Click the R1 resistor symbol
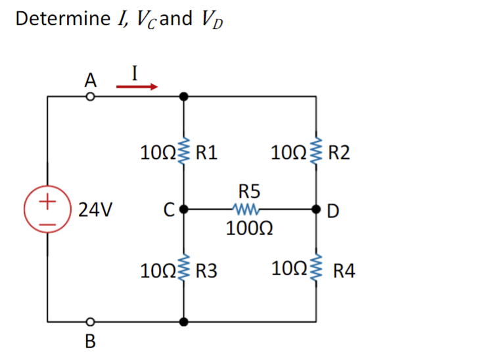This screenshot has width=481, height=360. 185,153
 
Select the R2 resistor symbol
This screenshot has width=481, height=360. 317,153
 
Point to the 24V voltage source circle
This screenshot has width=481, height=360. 47,211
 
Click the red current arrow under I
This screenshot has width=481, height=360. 137,86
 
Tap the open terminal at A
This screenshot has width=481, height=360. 90,97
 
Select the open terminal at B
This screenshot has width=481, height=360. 90,323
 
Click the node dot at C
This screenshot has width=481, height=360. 185,211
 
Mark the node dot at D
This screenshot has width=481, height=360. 317,211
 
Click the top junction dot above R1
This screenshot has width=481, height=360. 185,97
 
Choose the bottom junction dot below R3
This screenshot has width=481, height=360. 185,323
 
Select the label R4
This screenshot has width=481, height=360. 344,269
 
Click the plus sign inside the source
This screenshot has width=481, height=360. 47,201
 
